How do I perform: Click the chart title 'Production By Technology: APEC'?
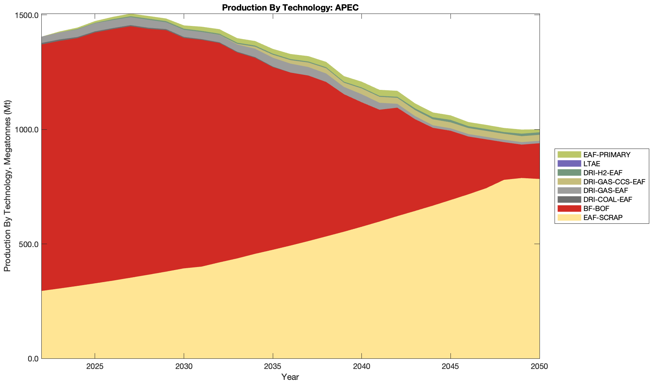tap(290, 8)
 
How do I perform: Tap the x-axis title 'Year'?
tap(290, 377)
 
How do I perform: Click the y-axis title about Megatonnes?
tap(7, 186)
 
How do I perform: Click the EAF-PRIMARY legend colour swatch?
tap(569, 155)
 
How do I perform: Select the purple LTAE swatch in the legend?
tap(569, 164)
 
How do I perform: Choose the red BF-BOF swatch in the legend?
tap(569, 208)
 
